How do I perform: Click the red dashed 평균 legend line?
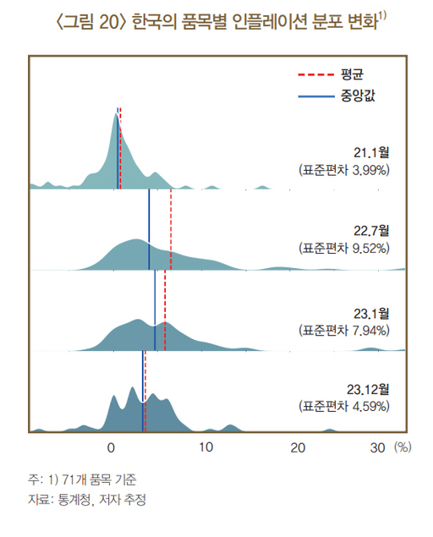coord(315,74)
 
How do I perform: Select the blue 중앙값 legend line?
coord(315,96)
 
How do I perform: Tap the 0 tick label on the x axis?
coord(111,447)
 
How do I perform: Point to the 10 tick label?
coord(206,447)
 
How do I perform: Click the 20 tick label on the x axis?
coord(298,447)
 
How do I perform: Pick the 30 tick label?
coord(377,447)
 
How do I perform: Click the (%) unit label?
coord(403,447)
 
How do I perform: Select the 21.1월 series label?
coord(371,153)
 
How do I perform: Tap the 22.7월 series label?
coord(371,231)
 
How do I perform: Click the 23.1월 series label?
coord(371,314)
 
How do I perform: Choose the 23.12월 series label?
coord(368,389)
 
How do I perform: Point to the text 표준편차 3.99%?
coord(344,170)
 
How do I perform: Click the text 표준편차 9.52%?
coord(344,249)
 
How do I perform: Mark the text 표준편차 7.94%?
coord(344,331)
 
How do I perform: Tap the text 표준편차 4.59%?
coord(344,407)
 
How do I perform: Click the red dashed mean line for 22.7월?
coord(171,230)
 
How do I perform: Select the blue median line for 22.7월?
coord(149,230)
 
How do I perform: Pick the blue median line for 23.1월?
coord(155,310)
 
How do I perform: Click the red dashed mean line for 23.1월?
coord(165,310)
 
